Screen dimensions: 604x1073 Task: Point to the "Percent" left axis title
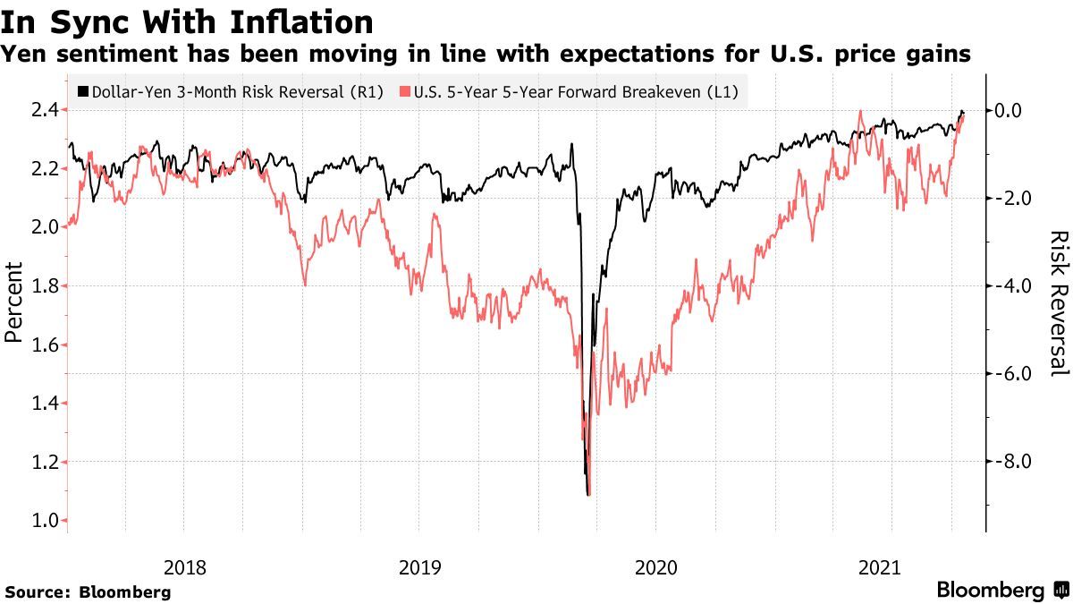[x=13, y=302]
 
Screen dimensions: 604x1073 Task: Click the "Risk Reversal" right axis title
[x=1059, y=302]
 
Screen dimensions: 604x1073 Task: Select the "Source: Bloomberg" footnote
[x=88, y=591]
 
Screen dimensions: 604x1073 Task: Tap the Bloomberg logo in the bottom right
[x=1001, y=590]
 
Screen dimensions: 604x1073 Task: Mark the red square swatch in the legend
[x=406, y=92]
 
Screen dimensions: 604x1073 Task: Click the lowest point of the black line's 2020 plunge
[x=587, y=493]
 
